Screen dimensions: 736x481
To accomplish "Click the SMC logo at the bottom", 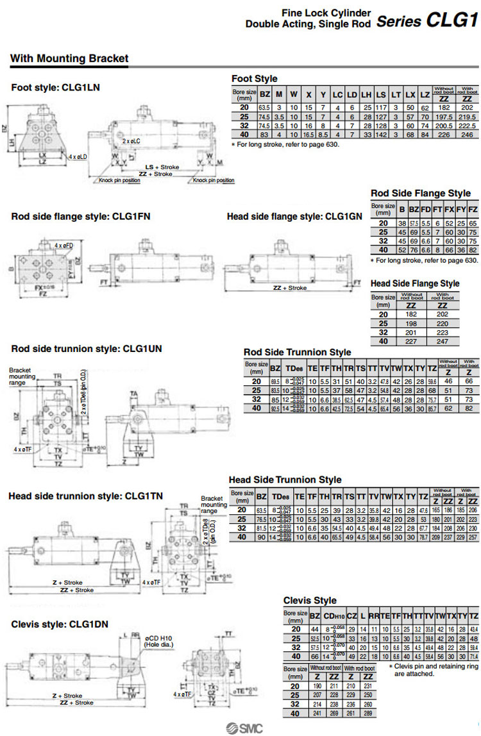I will [244, 728].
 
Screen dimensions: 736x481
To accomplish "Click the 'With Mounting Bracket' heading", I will [69, 59].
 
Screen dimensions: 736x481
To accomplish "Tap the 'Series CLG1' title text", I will [427, 21].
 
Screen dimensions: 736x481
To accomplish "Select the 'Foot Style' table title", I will [254, 79].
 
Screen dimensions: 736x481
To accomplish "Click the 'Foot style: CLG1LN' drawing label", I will [56, 87].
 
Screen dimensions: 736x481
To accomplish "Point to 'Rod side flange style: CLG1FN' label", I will [81, 217].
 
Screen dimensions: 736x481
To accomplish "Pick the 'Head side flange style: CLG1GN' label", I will [295, 217].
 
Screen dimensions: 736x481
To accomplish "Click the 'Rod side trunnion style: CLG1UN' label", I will [86, 349].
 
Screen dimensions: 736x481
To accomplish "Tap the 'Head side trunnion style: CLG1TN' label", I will [85, 496].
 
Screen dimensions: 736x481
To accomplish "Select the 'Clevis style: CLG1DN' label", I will [60, 623].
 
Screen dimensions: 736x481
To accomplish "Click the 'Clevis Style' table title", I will [310, 601].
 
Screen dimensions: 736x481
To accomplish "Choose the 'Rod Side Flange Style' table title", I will [421, 193].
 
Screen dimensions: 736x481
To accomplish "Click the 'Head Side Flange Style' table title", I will [415, 283].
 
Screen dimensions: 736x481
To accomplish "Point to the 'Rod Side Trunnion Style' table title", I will [297, 352].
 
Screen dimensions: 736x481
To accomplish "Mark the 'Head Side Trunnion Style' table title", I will [285, 480].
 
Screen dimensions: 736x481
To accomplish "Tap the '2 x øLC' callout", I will [132, 140].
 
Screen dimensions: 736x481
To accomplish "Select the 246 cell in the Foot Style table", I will [467, 135].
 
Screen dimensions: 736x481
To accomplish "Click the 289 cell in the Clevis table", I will [369, 714].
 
